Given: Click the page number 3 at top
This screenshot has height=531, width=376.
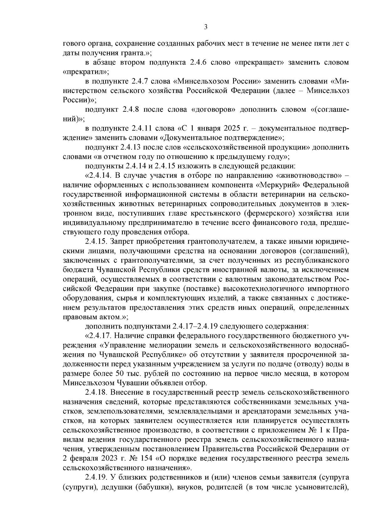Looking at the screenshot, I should pos(206,27).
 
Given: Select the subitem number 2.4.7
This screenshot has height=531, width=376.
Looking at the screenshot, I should pos(140,81).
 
